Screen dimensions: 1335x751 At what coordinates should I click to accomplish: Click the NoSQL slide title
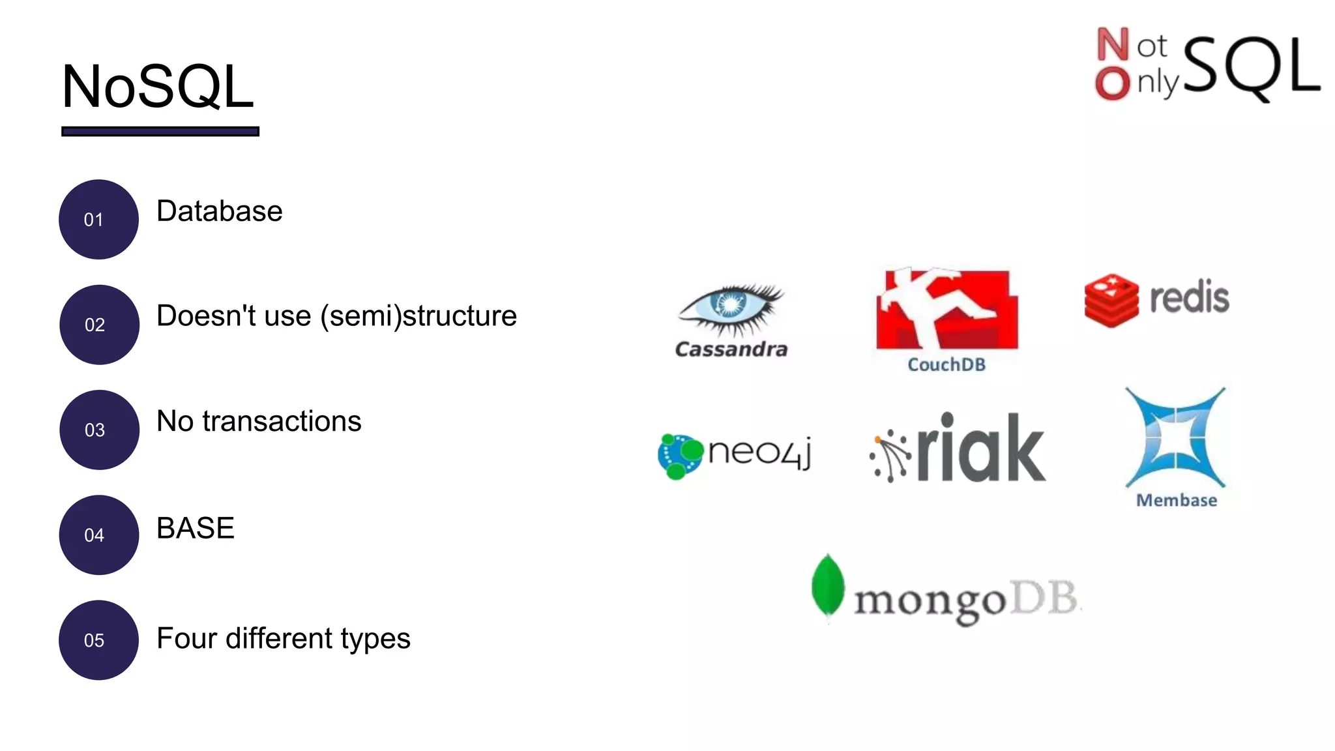[x=157, y=87]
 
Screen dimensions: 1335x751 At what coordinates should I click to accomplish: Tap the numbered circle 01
[x=98, y=220]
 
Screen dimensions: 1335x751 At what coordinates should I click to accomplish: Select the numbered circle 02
[x=99, y=325]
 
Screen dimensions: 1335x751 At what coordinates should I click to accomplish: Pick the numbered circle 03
[x=99, y=430]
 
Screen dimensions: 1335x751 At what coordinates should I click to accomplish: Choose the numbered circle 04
[x=98, y=535]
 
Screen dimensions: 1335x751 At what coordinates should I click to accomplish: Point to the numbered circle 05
[x=98, y=640]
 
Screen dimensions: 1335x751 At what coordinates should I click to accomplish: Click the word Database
[x=219, y=211]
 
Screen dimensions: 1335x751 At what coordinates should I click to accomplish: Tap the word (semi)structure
[x=418, y=316]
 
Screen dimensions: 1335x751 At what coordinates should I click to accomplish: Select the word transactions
[x=282, y=421]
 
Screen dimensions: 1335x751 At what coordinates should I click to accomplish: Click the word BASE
[x=195, y=527]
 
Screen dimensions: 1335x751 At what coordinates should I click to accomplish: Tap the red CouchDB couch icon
[x=946, y=310]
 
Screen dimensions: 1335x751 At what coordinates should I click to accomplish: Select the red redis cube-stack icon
[x=1111, y=300]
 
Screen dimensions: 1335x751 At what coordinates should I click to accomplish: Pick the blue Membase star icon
[x=1175, y=438]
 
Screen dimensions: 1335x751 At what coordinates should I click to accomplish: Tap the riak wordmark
[x=981, y=449]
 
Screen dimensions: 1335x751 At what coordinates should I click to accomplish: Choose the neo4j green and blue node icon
[x=680, y=455]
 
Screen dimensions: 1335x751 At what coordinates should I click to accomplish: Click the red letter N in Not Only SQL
[x=1113, y=44]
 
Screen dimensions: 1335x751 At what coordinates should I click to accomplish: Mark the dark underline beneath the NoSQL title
[x=160, y=132]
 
